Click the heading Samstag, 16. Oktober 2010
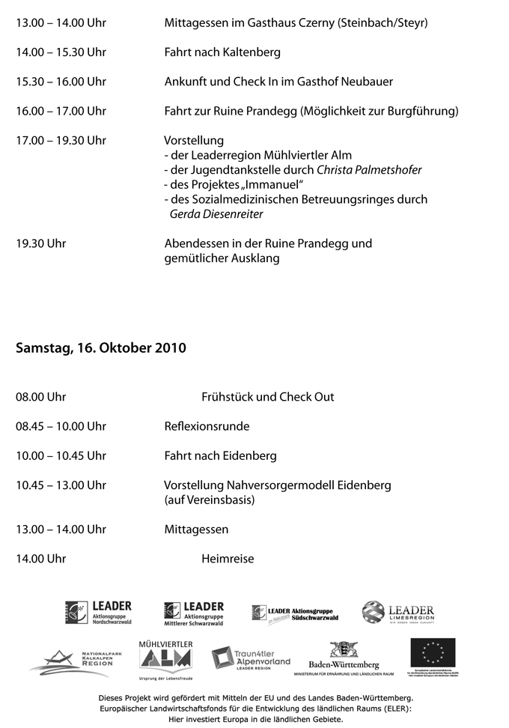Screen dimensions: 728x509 pyautogui.click(x=101, y=348)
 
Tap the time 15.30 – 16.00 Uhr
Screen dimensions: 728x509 pyautogui.click(x=61, y=82)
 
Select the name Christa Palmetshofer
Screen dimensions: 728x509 pyautogui.click(x=369, y=170)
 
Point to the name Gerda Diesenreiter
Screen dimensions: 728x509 pyautogui.click(x=216, y=214)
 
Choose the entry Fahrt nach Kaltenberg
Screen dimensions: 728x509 pyautogui.click(x=222, y=52)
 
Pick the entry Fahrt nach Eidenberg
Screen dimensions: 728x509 pyautogui.click(x=220, y=455)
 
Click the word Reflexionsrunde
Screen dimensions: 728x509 pyautogui.click(x=207, y=426)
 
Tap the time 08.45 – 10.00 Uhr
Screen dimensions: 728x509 pyautogui.click(x=61, y=426)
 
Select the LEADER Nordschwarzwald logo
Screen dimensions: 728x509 pyautogui.click(x=98, y=613)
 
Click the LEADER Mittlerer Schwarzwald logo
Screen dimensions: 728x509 pyautogui.click(x=194, y=613)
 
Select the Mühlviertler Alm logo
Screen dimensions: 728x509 pyautogui.click(x=165, y=658)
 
